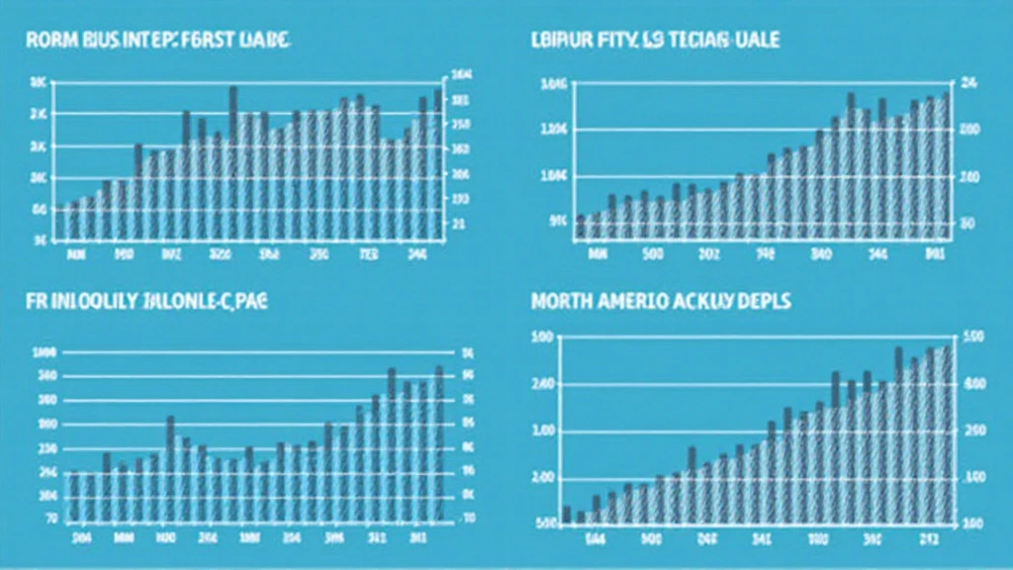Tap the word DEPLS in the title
763,302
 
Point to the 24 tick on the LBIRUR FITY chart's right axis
968,84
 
